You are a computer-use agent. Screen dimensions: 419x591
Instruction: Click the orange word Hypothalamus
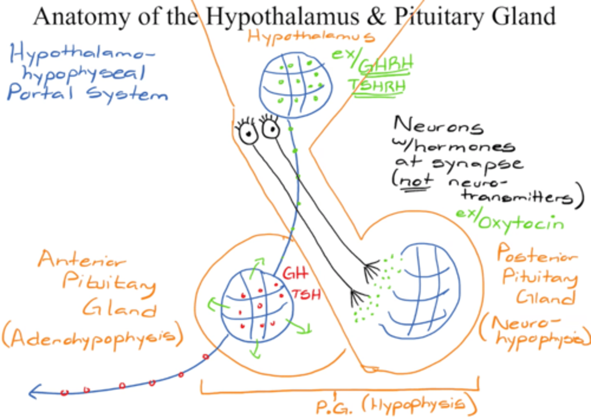tap(311, 36)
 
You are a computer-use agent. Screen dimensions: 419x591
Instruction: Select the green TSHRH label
tap(378, 86)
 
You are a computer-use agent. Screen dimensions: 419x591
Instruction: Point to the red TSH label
tap(307, 294)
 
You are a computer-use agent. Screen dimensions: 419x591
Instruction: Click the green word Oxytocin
tap(520, 223)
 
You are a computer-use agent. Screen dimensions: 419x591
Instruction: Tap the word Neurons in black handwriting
tap(438, 125)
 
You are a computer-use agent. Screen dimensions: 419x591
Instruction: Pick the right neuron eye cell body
tap(270, 128)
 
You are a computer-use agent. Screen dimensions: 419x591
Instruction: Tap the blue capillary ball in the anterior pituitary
tap(257, 305)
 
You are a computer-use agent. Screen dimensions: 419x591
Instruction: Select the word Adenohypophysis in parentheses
tap(92, 338)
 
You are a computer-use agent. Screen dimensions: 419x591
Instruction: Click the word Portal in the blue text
tap(40, 92)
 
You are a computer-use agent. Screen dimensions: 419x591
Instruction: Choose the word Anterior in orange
tap(82, 259)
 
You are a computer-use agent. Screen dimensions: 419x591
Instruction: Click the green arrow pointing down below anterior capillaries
tap(255, 351)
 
